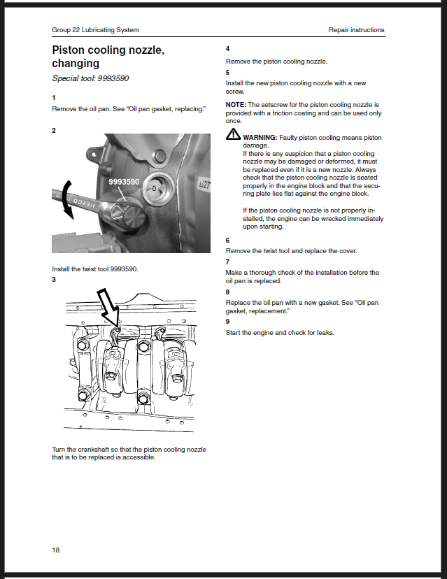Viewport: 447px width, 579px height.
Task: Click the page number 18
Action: [56, 550]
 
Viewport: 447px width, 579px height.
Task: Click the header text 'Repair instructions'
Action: [356, 30]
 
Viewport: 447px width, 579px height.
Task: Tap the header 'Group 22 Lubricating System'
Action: [95, 30]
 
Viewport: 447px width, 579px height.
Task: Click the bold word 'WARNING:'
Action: [260, 138]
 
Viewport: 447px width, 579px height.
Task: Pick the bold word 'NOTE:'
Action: [236, 104]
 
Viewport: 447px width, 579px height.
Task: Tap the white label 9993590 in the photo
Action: [124, 181]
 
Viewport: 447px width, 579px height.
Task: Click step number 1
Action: [54, 96]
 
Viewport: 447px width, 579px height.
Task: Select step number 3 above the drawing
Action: [54, 280]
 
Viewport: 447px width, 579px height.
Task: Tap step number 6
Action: [227, 240]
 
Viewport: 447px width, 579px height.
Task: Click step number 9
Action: [227, 322]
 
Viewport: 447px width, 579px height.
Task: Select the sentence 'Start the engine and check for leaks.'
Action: [280, 332]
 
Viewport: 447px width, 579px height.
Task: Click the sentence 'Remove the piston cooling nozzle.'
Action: [276, 62]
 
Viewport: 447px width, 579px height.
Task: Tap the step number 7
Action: [227, 262]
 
